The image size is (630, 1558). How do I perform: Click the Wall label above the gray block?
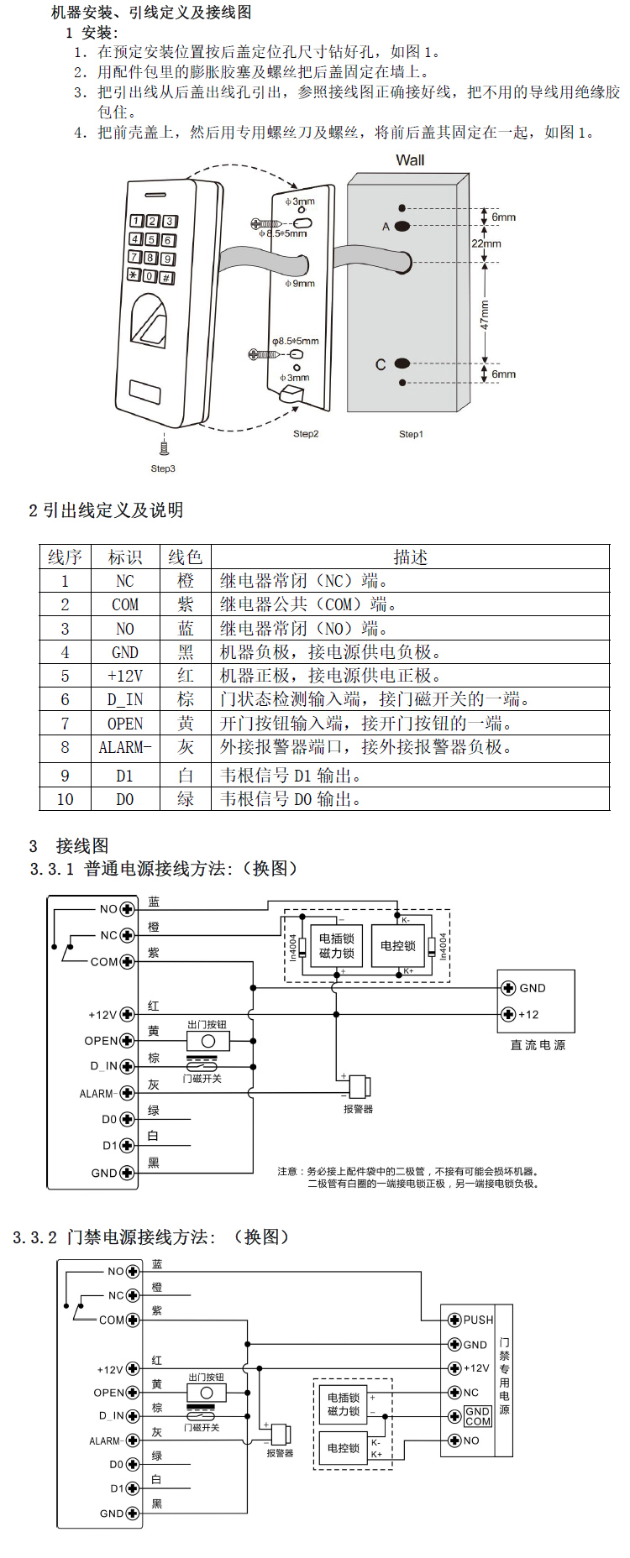[410, 160]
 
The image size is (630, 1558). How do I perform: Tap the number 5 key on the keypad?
[151, 239]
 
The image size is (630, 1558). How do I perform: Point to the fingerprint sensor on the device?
[150, 322]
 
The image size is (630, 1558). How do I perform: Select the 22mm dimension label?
[486, 243]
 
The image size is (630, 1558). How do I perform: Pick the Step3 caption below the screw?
[163, 468]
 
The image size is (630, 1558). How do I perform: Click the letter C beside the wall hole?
[381, 364]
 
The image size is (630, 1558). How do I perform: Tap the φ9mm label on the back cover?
[300, 284]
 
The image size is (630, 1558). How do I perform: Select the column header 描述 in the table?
[410, 557]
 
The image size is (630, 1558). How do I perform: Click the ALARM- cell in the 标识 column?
[125, 747]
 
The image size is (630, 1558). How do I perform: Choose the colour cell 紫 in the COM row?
[186, 604]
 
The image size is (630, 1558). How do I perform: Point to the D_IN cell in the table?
[125, 699]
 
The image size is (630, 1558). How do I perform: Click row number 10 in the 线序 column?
[65, 799]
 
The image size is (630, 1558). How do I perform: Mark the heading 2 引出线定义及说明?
[106, 510]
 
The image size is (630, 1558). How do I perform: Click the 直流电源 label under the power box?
[538, 1045]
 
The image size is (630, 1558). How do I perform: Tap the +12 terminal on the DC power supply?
[521, 1014]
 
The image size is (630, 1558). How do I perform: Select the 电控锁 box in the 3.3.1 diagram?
[398, 946]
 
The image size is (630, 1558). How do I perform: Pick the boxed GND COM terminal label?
[477, 1416]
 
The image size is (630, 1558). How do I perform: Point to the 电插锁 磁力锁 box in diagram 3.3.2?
[344, 1404]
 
